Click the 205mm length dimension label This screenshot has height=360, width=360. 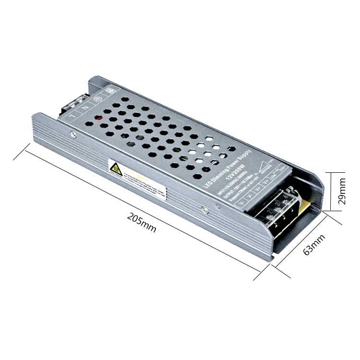pyautogui.click(x=142, y=223)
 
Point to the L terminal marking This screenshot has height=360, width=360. pyautogui.click(x=72, y=116)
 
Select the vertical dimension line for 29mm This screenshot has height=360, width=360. pyautogui.click(x=330, y=191)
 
